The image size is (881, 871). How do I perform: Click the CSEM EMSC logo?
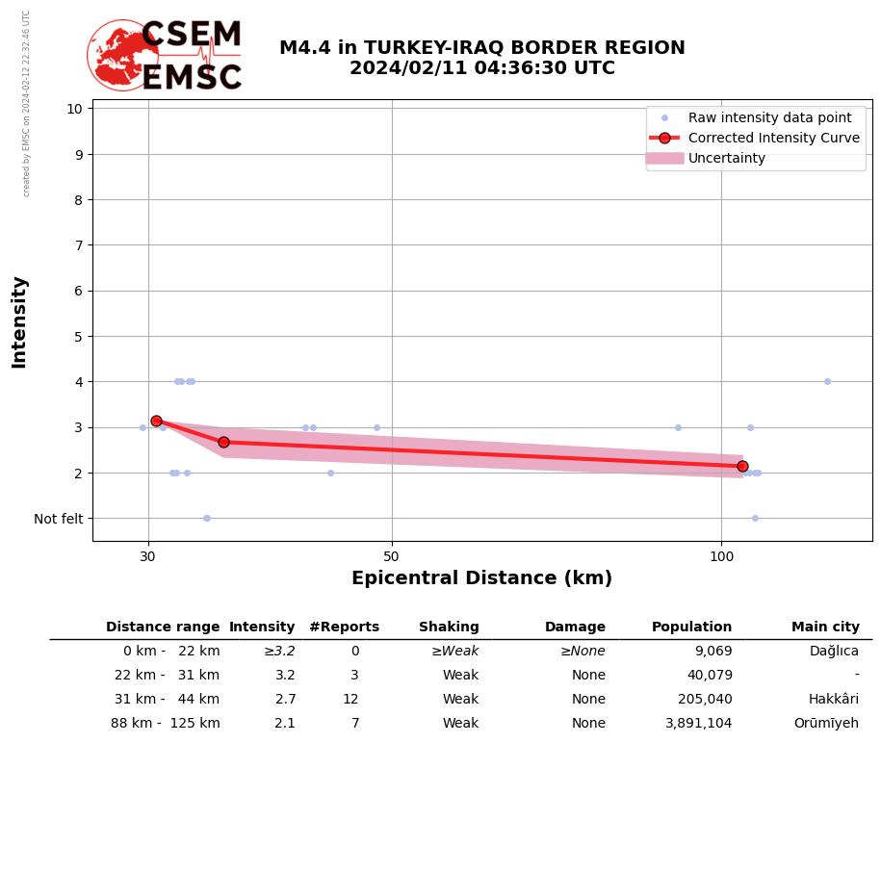(x=165, y=56)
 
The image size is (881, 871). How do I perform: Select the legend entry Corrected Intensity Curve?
(x=773, y=138)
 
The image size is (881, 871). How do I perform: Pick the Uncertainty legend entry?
(x=726, y=158)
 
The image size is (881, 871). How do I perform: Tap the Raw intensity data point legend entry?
(x=769, y=117)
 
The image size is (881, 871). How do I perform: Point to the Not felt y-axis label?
(x=59, y=519)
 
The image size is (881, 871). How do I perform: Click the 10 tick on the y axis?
(x=74, y=109)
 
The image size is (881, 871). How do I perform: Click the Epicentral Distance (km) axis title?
(x=481, y=578)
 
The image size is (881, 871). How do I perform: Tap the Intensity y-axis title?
(x=19, y=321)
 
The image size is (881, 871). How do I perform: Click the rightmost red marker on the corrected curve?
(x=742, y=466)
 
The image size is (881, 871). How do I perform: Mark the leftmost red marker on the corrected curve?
(x=156, y=421)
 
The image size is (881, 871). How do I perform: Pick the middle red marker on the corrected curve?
(x=223, y=442)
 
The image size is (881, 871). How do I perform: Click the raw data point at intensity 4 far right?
(x=827, y=381)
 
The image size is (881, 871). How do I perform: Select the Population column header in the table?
(x=691, y=628)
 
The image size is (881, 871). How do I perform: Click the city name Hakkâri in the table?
(x=833, y=700)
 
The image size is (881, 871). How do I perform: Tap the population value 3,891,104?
(x=698, y=724)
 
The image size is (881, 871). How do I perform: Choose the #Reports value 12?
(x=350, y=700)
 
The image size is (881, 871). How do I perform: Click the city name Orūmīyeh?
(x=826, y=724)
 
